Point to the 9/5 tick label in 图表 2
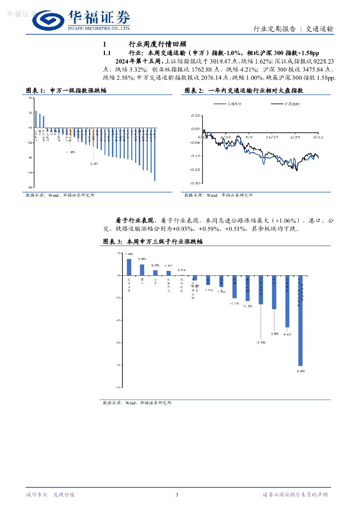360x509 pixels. tap(249, 136)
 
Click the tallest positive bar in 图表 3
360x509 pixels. tap(129, 266)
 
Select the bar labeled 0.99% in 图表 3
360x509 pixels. tap(142, 269)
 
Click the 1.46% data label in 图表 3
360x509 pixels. tap(129, 254)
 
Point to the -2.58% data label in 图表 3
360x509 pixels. tap(261, 342)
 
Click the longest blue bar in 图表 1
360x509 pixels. tap(155, 154)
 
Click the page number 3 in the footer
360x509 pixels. tap(177, 495)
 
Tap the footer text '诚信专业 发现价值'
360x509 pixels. tap(50, 495)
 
